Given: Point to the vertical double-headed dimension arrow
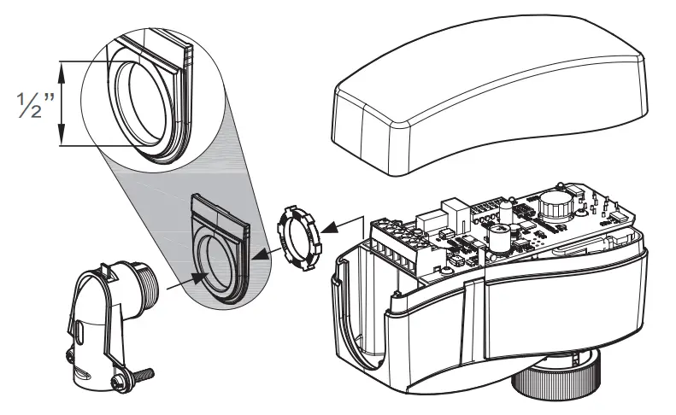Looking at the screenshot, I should coord(62,103).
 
